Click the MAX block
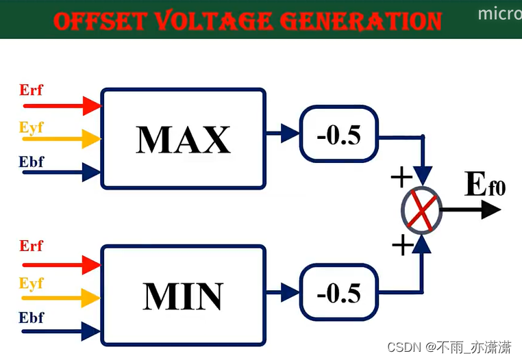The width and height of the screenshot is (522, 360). [183, 138]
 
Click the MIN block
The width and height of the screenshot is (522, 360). [183, 295]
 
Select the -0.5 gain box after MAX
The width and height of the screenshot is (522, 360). [338, 134]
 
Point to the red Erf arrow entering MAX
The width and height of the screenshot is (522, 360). [62, 105]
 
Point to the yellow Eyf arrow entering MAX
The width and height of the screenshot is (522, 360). [62, 138]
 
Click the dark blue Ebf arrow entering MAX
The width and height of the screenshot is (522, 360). [62, 171]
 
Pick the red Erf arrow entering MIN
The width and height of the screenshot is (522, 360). [62, 263]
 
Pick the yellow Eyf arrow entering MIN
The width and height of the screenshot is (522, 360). [62, 298]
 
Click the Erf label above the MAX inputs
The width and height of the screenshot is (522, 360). [32, 90]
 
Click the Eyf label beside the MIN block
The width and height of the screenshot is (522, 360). [32, 283]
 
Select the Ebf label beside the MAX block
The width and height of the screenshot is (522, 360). [32, 162]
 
